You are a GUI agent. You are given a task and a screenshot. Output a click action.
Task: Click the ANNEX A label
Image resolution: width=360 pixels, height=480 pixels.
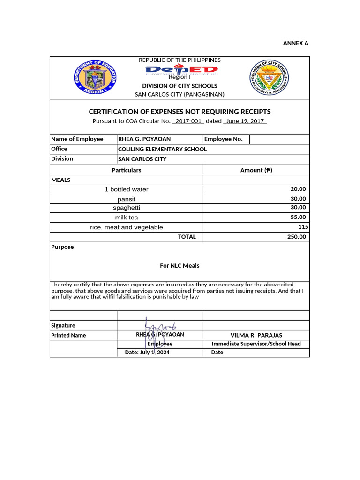[x=295, y=43]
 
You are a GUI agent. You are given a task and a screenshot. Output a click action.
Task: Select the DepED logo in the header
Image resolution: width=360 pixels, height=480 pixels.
[x=181, y=70]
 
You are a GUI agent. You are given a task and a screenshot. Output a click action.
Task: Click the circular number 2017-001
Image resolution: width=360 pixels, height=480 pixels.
[x=188, y=121]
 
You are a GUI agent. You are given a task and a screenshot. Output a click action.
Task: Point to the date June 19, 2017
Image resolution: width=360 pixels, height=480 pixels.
[x=245, y=121]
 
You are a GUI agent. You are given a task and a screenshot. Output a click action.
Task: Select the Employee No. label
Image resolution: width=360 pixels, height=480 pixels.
[x=224, y=139]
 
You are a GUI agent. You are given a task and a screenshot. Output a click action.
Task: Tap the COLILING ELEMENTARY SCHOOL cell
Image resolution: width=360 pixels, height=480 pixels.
[x=162, y=149]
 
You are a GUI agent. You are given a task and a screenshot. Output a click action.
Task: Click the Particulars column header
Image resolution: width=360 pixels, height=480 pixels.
[x=126, y=170]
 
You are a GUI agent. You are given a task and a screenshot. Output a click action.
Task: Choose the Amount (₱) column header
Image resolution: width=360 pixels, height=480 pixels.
[x=256, y=170]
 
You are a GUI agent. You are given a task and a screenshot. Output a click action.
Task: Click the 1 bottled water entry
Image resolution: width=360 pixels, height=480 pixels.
[x=127, y=189]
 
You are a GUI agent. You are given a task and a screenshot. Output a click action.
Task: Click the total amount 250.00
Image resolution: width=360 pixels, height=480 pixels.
[x=296, y=237]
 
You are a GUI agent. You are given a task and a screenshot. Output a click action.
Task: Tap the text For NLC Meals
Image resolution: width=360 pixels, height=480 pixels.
[x=180, y=265]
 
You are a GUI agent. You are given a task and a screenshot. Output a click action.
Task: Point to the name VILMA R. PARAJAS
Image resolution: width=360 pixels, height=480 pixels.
[x=256, y=335]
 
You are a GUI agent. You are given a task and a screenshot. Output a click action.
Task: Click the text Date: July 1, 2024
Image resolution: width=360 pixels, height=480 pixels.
[x=147, y=352]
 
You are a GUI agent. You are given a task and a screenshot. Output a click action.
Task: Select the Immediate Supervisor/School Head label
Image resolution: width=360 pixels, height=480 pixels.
[x=256, y=344]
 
